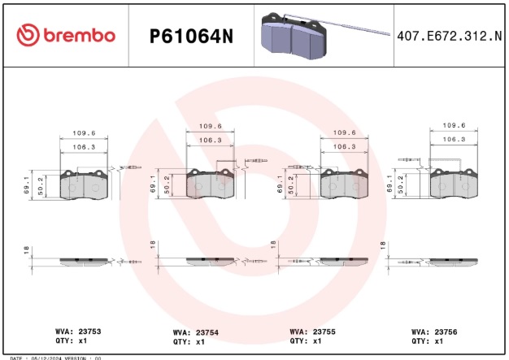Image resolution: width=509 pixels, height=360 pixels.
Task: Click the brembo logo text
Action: point(79,35)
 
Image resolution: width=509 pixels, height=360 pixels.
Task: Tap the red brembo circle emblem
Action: point(28,35)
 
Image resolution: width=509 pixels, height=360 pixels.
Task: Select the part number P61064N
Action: point(191,36)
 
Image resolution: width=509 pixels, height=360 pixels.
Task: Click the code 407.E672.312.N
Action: point(450,36)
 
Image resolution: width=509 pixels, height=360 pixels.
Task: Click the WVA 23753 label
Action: point(78,332)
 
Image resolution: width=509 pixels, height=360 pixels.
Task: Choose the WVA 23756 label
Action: point(434,332)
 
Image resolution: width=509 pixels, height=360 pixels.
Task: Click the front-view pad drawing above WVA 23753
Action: point(85,184)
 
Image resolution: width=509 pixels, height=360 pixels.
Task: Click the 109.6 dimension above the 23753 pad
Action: point(84,133)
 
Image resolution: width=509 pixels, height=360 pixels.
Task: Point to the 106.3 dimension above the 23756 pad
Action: point(453,139)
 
